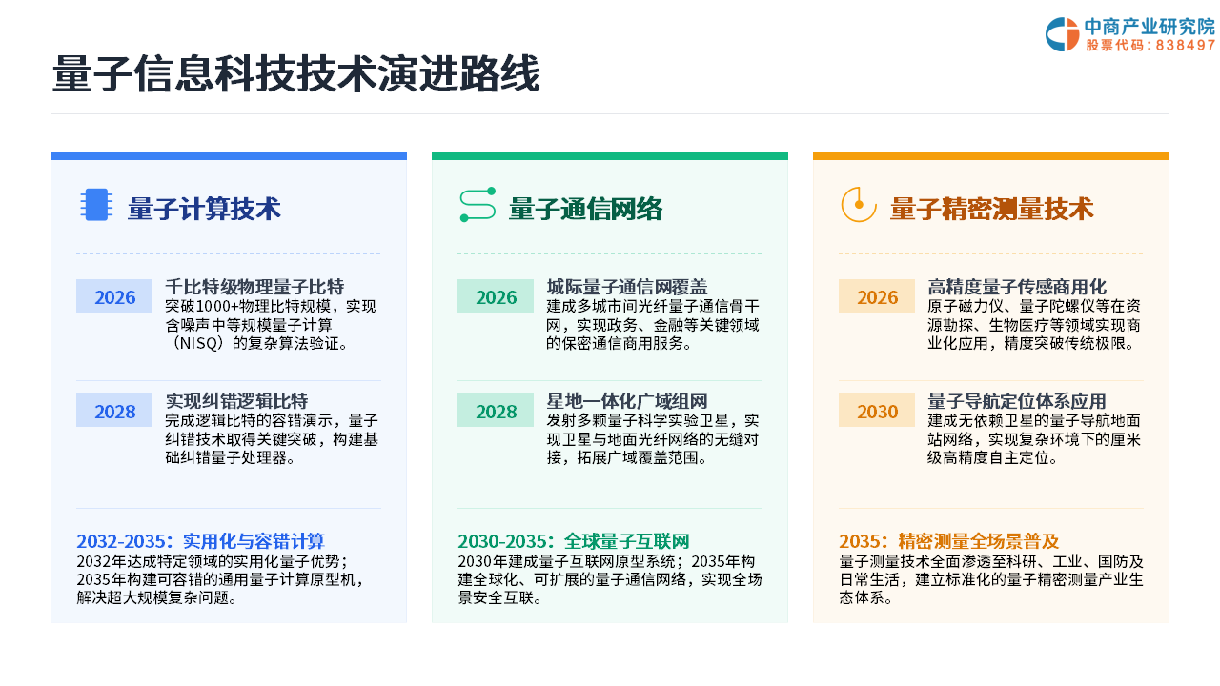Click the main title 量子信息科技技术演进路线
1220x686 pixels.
pos(295,73)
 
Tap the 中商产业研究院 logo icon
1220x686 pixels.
pos(1062,34)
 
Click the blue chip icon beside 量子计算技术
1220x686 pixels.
pos(96,205)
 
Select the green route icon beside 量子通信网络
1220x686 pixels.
pos(478,205)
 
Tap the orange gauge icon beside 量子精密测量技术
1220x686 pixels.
pos(859,205)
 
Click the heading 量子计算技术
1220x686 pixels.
pos(204,209)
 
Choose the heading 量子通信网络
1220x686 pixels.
pos(585,209)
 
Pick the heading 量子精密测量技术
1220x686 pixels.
pos(992,209)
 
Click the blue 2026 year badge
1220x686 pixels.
pos(114,296)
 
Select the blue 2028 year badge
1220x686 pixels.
pos(114,411)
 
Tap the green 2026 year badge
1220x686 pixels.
pos(496,296)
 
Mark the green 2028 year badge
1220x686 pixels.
pos(496,411)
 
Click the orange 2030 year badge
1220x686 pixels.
pos(877,411)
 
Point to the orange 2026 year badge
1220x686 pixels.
pos(877,296)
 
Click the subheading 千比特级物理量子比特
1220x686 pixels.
pos(254,287)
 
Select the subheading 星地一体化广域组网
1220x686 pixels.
pos(627,401)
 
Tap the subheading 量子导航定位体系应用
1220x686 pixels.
pos(1017,401)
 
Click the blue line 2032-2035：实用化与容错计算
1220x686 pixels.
pos(200,541)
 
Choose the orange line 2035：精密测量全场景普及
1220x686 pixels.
pos(949,541)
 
